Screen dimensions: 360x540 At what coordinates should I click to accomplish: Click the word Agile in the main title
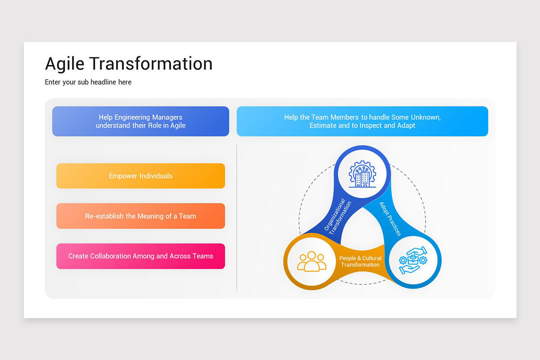[x=64, y=64]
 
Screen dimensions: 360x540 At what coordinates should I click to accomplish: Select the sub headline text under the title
[x=88, y=82]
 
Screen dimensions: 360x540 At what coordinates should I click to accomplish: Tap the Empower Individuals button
[x=140, y=176]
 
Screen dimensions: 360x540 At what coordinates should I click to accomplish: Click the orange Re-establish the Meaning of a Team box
[x=140, y=216]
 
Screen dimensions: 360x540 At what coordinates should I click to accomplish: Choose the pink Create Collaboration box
[x=140, y=256]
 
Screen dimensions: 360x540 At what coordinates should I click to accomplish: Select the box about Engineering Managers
[x=140, y=121]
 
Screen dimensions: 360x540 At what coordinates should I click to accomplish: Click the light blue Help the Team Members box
[x=362, y=121]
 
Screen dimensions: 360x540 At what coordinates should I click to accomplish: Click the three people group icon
[x=311, y=261]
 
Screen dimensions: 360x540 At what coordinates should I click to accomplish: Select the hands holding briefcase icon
[x=413, y=261]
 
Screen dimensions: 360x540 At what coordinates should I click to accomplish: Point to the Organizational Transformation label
[x=338, y=216]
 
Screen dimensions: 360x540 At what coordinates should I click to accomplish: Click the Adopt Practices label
[x=390, y=219]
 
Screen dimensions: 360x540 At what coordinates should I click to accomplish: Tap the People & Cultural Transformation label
[x=360, y=261]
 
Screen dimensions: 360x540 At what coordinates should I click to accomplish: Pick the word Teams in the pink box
[x=203, y=256]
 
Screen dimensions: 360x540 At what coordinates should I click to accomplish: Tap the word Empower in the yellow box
[x=123, y=176]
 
